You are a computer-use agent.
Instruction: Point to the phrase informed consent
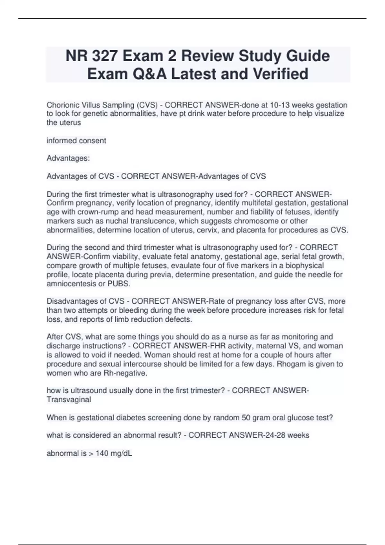(x=76, y=140)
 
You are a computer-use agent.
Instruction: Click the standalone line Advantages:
(x=68, y=158)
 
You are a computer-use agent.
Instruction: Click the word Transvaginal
(x=69, y=399)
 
